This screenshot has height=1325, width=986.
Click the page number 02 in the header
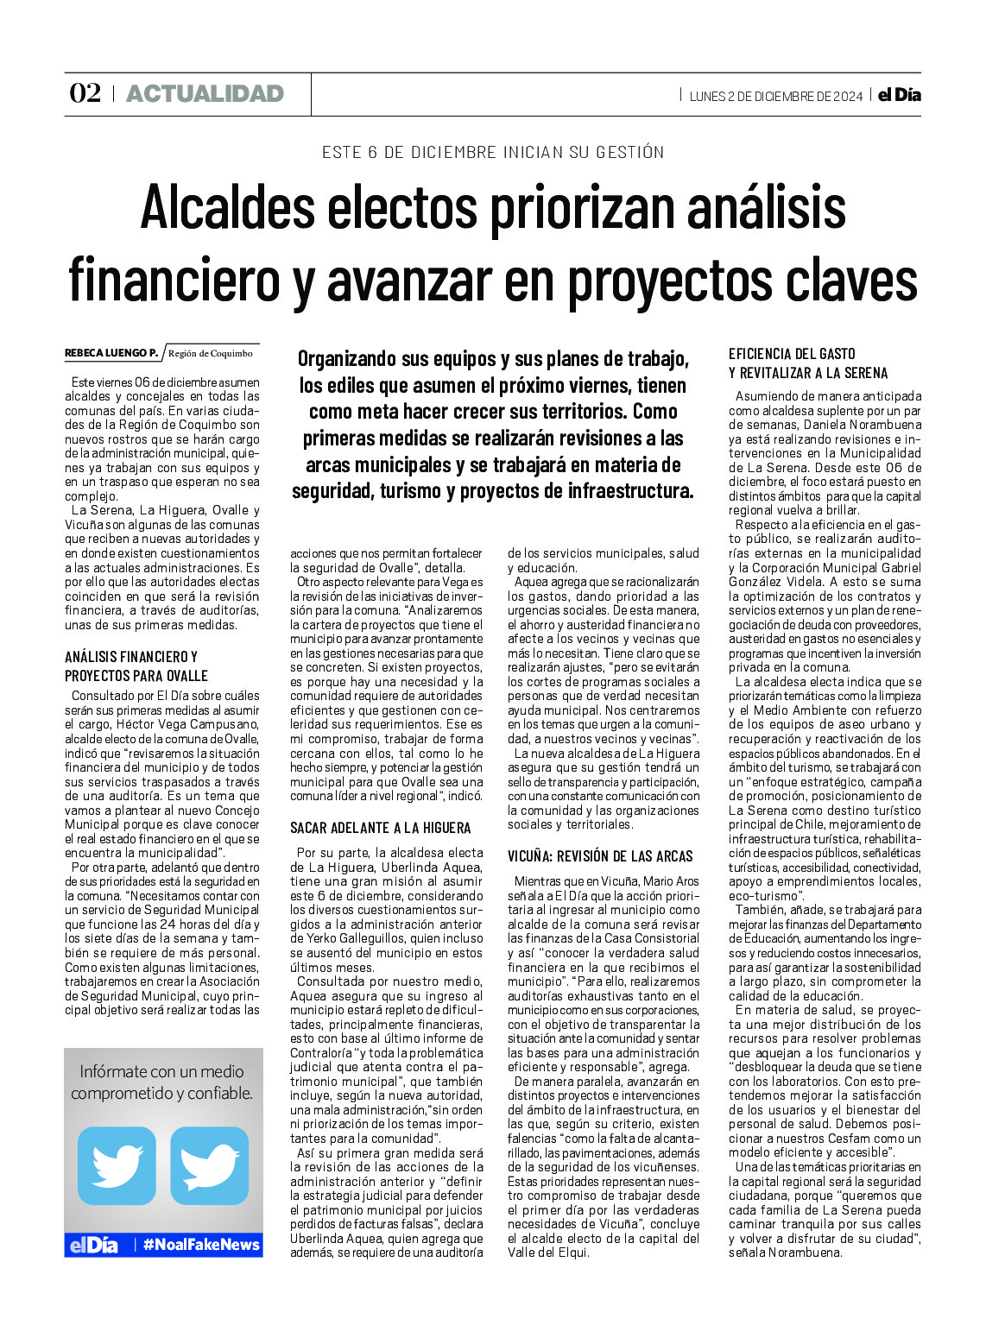point(85,93)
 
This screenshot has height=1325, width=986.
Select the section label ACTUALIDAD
point(205,94)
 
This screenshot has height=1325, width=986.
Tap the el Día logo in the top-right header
point(899,95)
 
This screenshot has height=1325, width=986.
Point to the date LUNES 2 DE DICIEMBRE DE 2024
point(775,96)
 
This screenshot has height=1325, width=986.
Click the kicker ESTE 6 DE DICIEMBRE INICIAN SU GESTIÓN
point(493,153)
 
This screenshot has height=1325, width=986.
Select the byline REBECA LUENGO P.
point(111,353)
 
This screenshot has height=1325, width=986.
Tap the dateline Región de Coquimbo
point(211,353)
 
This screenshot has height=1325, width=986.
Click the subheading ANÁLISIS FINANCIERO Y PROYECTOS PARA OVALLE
point(136,666)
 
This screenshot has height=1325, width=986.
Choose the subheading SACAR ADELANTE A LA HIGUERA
point(380,828)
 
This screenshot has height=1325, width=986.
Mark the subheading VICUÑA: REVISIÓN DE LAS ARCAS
point(600,856)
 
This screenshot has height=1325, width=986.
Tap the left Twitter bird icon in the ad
point(117,1165)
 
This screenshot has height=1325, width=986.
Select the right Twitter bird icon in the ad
point(209,1165)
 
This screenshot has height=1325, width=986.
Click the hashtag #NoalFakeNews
point(201,1245)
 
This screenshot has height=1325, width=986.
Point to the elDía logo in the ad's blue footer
point(93,1245)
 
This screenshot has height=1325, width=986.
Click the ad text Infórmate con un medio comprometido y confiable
point(162,1082)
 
